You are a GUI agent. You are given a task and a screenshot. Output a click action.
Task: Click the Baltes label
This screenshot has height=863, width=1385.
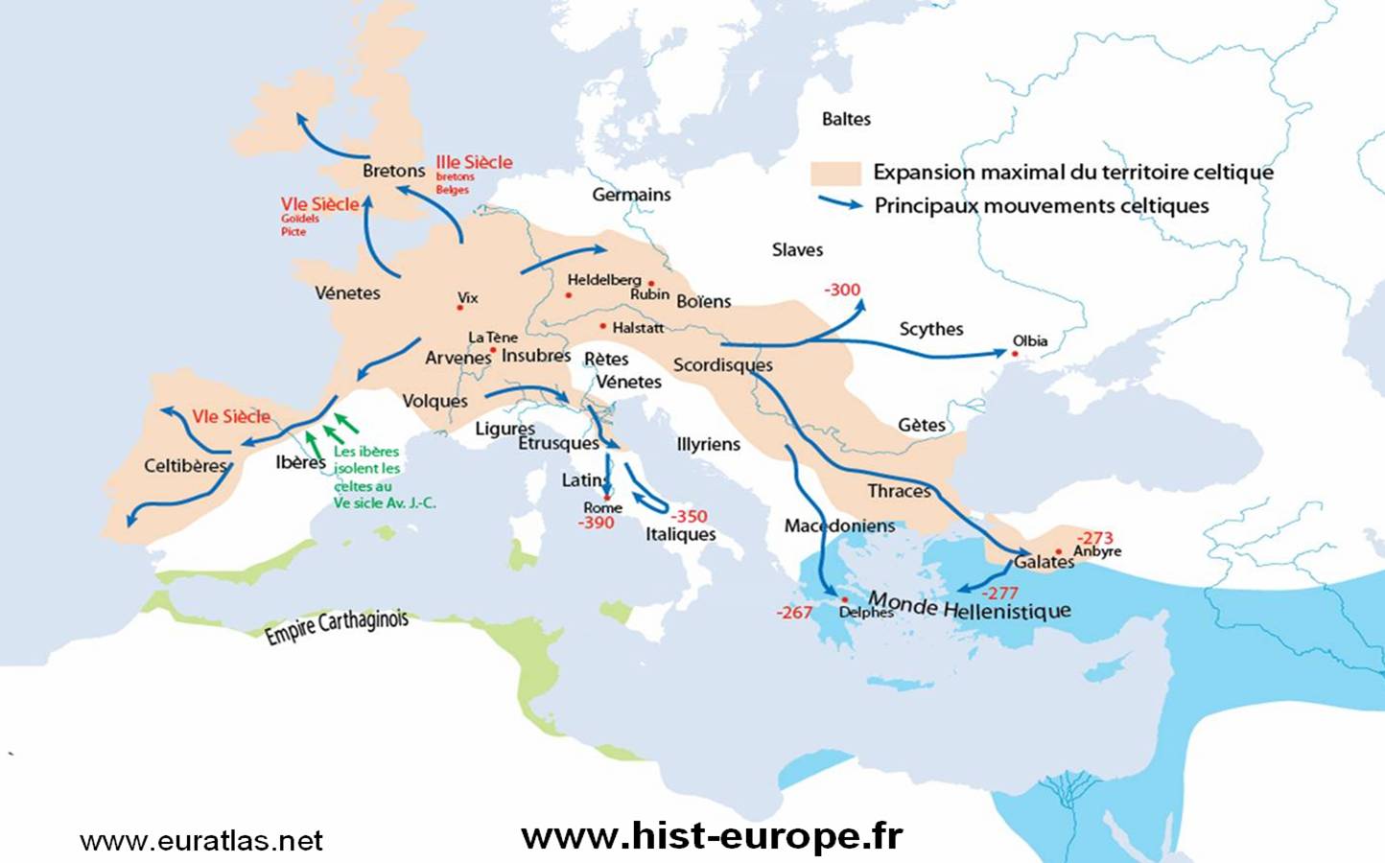pyautogui.click(x=846, y=119)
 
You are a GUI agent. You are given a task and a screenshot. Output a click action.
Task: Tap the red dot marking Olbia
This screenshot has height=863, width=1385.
pyautogui.click(x=1015, y=354)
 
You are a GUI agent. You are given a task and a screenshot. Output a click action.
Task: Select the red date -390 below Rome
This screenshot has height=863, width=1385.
pyautogui.click(x=596, y=523)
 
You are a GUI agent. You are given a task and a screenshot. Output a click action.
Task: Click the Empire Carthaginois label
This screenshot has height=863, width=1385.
pyautogui.click(x=337, y=626)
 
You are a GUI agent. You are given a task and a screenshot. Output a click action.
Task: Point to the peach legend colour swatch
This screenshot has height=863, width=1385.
pyautogui.click(x=835, y=174)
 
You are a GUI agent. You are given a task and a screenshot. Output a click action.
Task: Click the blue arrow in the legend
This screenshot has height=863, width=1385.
pyautogui.click(x=840, y=203)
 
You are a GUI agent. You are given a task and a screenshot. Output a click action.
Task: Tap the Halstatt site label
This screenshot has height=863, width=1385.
pyautogui.click(x=638, y=328)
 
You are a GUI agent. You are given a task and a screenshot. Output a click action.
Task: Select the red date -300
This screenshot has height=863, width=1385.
pyautogui.click(x=842, y=290)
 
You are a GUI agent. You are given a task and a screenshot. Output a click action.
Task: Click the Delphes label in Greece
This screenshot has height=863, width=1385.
pyautogui.click(x=865, y=612)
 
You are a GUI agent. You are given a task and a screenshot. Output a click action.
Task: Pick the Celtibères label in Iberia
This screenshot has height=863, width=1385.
pyautogui.click(x=185, y=466)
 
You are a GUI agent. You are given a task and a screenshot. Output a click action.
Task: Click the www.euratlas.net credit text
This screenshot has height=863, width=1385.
pyautogui.click(x=201, y=841)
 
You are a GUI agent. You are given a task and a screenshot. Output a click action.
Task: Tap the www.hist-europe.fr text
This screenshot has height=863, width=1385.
pyautogui.click(x=712, y=836)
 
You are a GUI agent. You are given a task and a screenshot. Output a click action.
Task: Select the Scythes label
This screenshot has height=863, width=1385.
pyautogui.click(x=930, y=329)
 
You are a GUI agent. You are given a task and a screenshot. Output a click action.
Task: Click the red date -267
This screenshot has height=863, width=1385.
pyautogui.click(x=794, y=612)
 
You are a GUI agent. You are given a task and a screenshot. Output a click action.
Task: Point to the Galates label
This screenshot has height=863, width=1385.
pyautogui.click(x=1044, y=562)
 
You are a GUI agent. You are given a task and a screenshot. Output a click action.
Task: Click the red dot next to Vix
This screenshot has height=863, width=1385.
pyautogui.click(x=459, y=308)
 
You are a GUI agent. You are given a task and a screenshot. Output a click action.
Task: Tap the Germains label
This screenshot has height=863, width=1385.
pyautogui.click(x=631, y=195)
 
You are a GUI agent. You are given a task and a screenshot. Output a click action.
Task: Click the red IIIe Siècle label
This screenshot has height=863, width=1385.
pyautogui.click(x=474, y=162)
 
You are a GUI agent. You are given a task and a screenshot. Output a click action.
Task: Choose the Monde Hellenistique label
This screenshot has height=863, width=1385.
pyautogui.click(x=969, y=606)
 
